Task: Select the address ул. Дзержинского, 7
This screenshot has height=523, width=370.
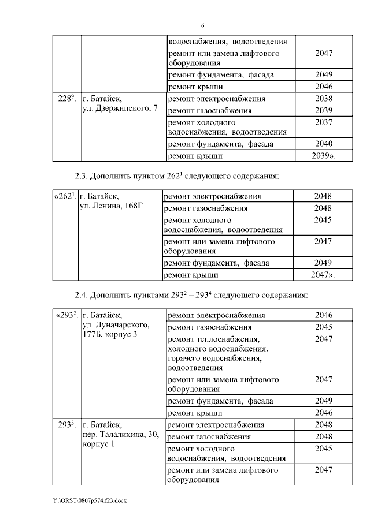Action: click(x=120, y=110)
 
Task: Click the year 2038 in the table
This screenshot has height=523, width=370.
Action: click(x=324, y=99)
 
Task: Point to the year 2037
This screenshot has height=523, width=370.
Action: click(x=324, y=122)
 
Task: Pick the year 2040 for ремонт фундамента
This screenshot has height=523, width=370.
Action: click(x=324, y=144)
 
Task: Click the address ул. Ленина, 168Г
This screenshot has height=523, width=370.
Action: click(x=112, y=207)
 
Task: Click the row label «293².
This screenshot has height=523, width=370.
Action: click(x=66, y=316)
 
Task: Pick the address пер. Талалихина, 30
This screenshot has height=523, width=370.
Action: click(x=121, y=435)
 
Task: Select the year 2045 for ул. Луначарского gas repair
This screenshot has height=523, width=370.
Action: click(x=324, y=327)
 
